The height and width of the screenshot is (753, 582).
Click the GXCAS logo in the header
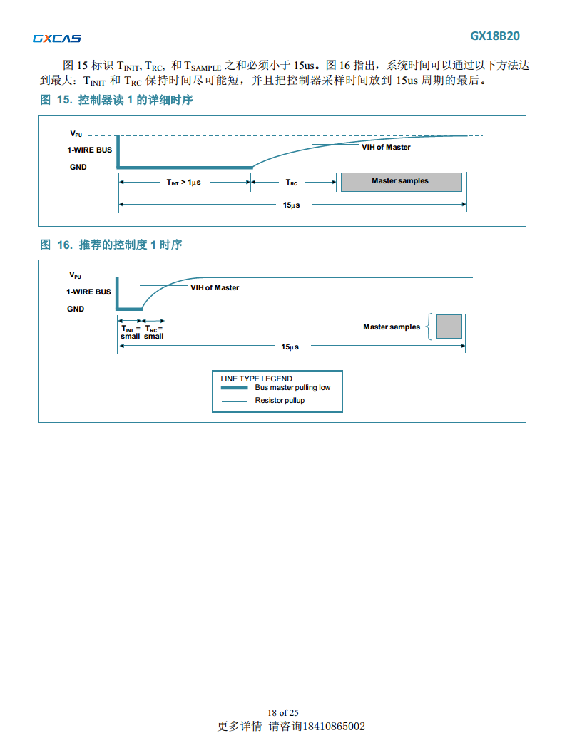point(57,39)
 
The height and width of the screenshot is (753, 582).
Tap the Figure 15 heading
point(116,100)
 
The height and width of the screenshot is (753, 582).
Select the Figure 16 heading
point(111,245)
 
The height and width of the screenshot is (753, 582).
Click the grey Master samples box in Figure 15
point(401,181)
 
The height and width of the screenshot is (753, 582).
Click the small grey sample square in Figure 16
point(449,327)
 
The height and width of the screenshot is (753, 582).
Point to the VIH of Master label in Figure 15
point(386,147)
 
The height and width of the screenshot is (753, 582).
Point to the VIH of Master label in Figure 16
point(215,287)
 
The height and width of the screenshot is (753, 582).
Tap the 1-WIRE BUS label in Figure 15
point(89,150)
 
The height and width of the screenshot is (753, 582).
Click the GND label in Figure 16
point(76,309)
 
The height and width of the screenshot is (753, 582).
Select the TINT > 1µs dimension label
point(184,183)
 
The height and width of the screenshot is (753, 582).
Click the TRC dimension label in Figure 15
point(292,183)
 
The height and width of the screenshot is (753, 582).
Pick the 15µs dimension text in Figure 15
point(291,205)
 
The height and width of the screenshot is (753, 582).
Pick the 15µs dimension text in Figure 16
point(290,347)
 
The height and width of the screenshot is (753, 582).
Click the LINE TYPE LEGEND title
point(257,379)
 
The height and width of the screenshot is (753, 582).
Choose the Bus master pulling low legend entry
point(292,388)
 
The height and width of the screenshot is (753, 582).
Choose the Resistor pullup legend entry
point(280,401)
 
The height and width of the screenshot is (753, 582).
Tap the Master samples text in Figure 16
point(392,327)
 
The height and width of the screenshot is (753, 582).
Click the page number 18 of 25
point(283,712)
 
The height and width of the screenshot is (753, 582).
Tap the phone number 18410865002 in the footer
point(334,727)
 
